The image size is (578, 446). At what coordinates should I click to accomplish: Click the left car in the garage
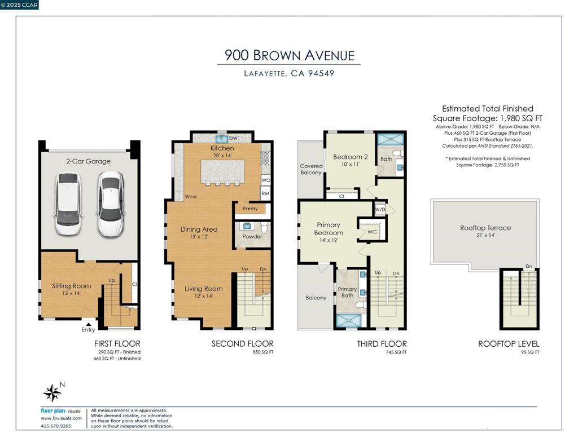pos(68,204)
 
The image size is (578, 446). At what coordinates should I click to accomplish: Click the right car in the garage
pos(110,204)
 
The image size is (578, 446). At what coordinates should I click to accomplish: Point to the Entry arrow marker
pos(87,323)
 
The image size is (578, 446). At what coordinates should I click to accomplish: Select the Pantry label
pos(250,209)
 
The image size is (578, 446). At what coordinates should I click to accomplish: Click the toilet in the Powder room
pos(264,227)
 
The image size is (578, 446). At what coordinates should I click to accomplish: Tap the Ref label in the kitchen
pos(265,193)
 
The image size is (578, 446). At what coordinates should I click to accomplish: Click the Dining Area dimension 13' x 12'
pos(199,237)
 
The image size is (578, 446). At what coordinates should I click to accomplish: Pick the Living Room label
pos(203,289)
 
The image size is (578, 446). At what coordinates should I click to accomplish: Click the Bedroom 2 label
pos(350,157)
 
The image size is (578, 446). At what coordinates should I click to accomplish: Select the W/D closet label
pos(380,209)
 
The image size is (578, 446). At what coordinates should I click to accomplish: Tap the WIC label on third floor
pos(372,232)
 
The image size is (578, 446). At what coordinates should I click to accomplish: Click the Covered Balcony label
pos(311,169)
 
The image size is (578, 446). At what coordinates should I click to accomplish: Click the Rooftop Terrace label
pos(485,228)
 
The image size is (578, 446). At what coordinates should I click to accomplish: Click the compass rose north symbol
pos(52,392)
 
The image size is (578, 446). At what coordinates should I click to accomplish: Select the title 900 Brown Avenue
pos(289,55)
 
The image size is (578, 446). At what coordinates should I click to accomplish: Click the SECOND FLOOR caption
pos(242,343)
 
